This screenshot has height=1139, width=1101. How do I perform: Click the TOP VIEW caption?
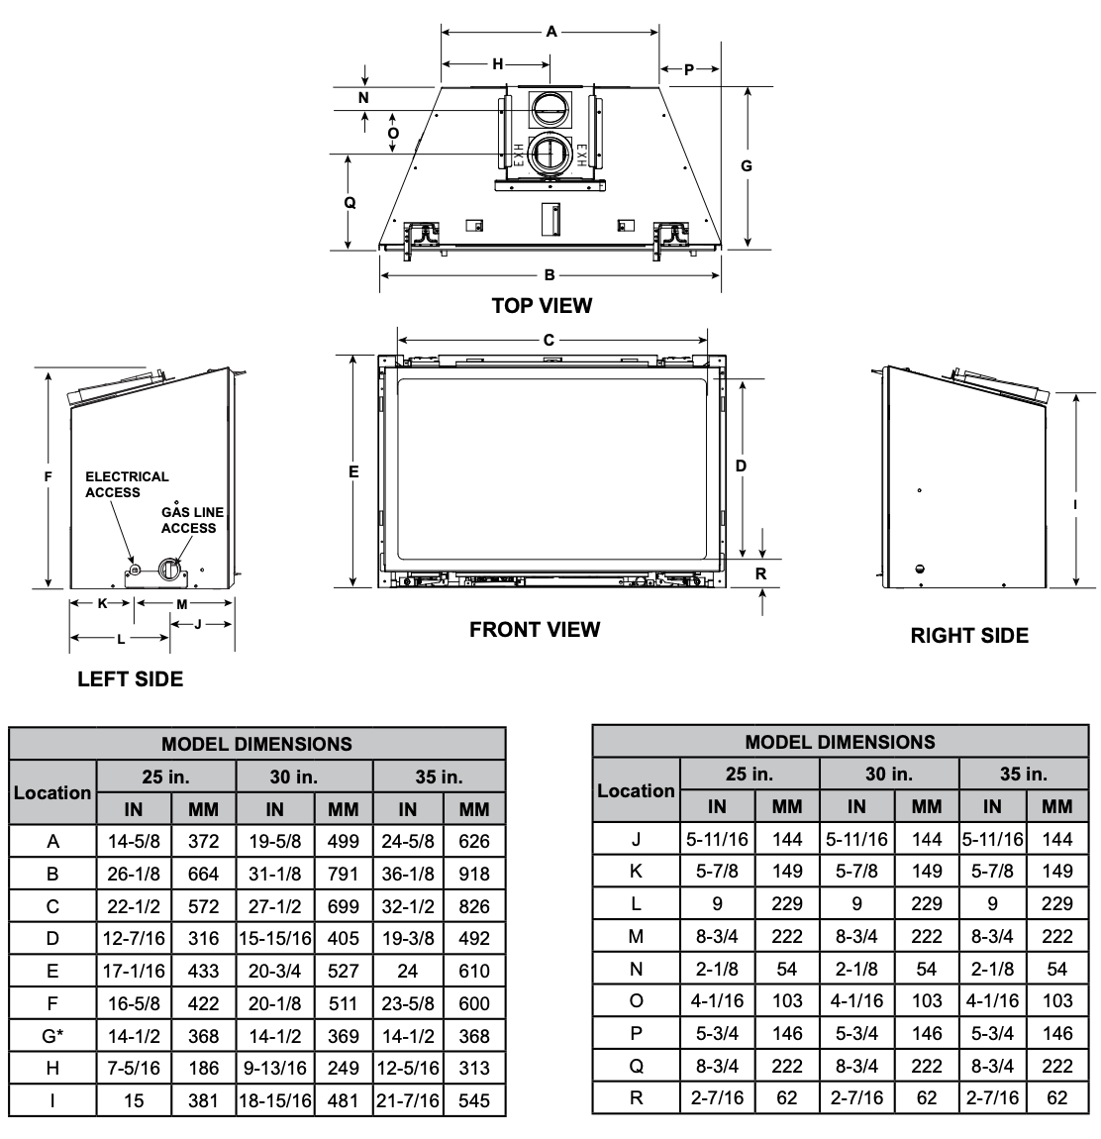(x=542, y=306)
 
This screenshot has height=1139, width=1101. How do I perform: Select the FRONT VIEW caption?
(x=535, y=630)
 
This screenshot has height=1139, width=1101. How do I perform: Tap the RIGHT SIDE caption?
(x=969, y=636)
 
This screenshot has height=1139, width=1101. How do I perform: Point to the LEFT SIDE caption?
(x=131, y=679)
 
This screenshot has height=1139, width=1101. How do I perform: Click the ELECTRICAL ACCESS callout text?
(x=127, y=484)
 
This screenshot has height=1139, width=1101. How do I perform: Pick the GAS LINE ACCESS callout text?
(x=192, y=520)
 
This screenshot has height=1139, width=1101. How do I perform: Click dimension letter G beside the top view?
(x=747, y=165)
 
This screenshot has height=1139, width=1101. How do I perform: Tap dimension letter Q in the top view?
(x=350, y=203)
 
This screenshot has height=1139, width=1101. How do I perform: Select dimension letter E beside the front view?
(x=353, y=472)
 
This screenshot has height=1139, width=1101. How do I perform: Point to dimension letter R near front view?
(x=760, y=573)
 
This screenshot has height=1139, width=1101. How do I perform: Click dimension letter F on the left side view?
(x=49, y=477)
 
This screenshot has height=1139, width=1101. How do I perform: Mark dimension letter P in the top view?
(x=688, y=69)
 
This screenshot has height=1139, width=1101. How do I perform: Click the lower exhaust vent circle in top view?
(x=550, y=155)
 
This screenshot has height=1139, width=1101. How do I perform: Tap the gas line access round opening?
(x=168, y=569)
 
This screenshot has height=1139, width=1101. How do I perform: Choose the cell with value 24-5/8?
(x=408, y=841)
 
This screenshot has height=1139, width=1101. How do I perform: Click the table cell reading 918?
(x=474, y=874)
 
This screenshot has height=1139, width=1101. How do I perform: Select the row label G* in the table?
(x=52, y=1036)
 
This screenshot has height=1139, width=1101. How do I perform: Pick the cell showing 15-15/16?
(x=275, y=939)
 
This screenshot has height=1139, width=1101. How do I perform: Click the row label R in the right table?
(x=637, y=1097)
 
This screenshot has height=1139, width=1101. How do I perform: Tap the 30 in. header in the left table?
(x=294, y=777)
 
